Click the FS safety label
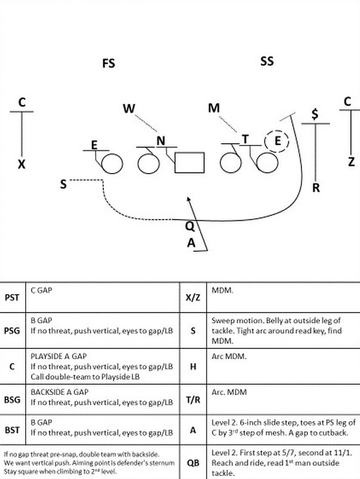(x=108, y=63)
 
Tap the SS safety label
(x=267, y=61)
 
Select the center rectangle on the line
(x=189, y=162)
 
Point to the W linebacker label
(x=130, y=109)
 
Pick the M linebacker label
(x=214, y=108)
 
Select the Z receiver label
(x=350, y=161)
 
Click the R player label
(x=316, y=187)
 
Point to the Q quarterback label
(x=189, y=226)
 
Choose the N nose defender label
(x=161, y=141)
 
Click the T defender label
(x=245, y=139)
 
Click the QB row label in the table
(x=192, y=462)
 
